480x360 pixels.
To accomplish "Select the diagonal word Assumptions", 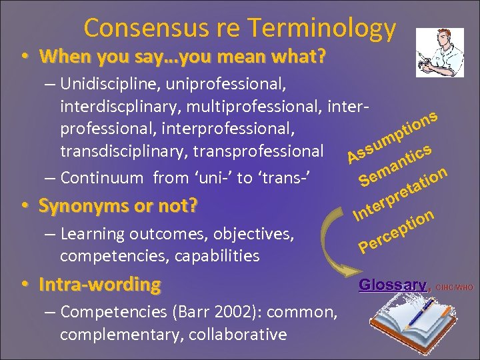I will [x=393, y=137].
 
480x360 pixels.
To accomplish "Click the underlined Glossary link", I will [x=391, y=285].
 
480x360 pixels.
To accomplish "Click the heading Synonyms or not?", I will [x=118, y=205].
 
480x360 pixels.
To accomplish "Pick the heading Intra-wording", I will [x=99, y=285].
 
